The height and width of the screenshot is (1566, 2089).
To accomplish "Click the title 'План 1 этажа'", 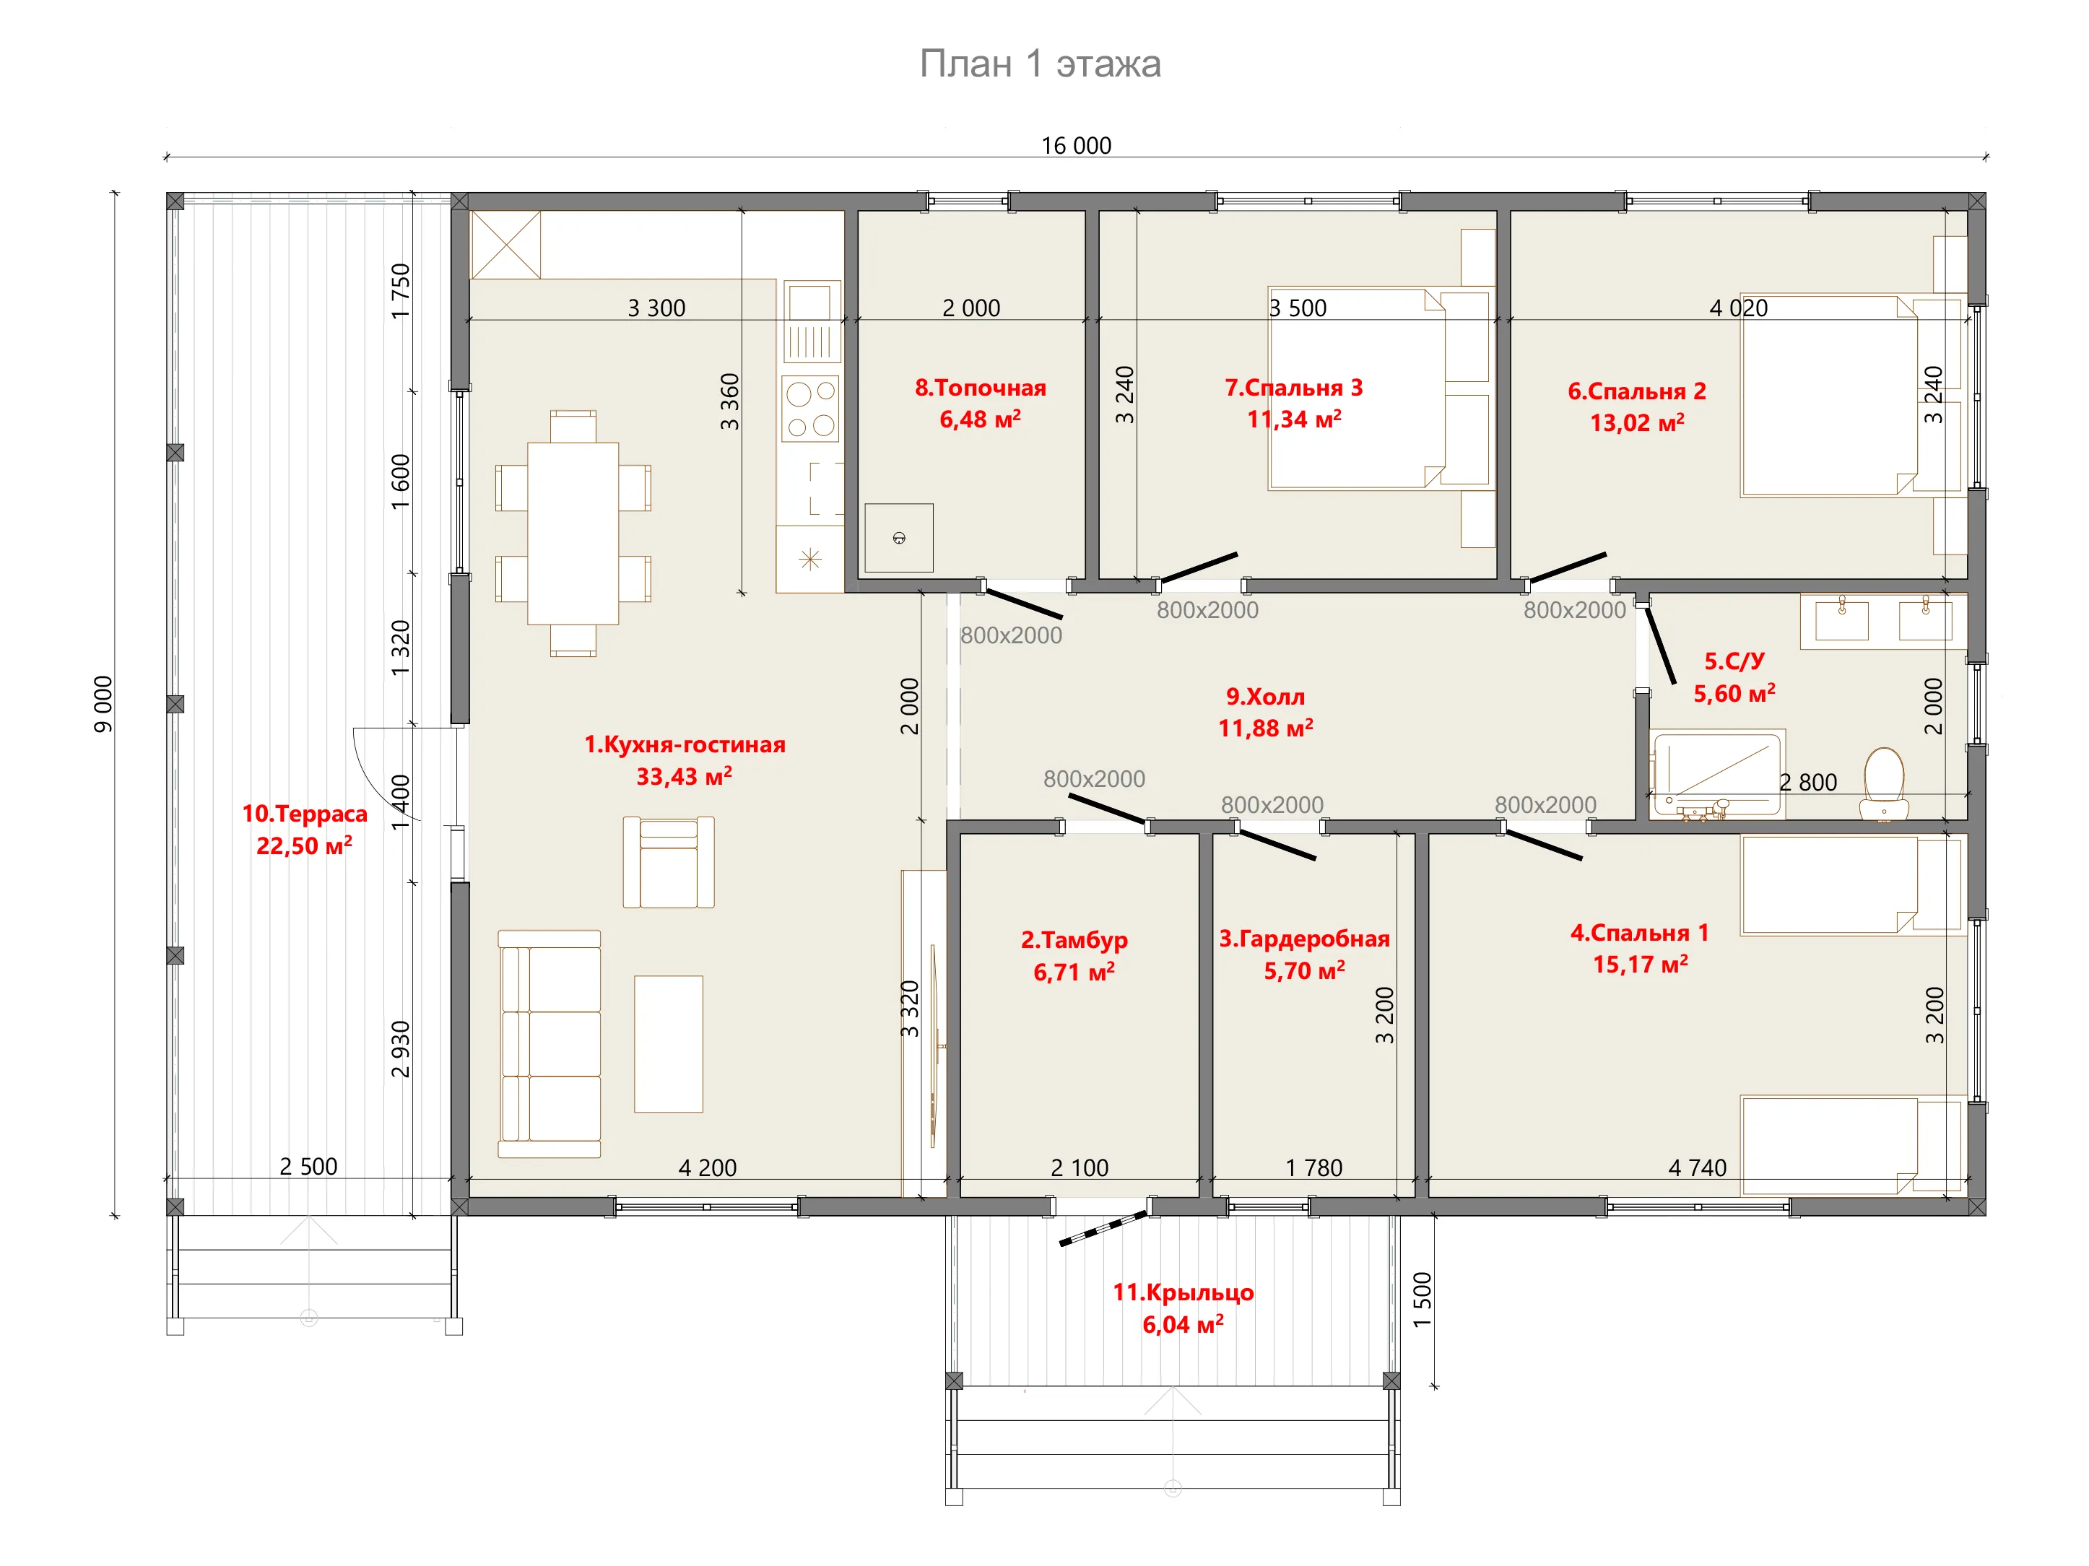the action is tap(1040, 64).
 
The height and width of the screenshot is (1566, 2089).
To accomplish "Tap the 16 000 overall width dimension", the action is tap(1076, 145).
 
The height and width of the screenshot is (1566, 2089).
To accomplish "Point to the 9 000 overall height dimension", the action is tap(103, 704).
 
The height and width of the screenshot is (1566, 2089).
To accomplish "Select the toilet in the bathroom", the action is tap(1884, 784).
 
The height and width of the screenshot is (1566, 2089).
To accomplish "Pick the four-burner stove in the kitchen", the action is tap(810, 408).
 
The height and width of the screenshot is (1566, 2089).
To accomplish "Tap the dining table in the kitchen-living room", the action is tap(573, 533).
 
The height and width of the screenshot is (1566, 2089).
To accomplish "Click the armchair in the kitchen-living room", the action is tap(669, 862).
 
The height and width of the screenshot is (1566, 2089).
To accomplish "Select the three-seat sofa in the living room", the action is tap(550, 1044).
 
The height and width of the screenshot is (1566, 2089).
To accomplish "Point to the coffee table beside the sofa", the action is tap(669, 1044).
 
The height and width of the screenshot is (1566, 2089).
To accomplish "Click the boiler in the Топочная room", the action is tap(899, 537).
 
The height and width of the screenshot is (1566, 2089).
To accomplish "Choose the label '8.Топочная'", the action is tap(981, 388).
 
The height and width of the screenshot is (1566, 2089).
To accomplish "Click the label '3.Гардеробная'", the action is tap(1304, 939).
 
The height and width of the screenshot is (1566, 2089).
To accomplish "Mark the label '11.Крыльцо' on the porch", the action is tap(1184, 1292).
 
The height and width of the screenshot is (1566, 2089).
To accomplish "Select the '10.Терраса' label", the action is tap(304, 814).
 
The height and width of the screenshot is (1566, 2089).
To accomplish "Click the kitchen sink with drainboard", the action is tap(810, 322).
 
